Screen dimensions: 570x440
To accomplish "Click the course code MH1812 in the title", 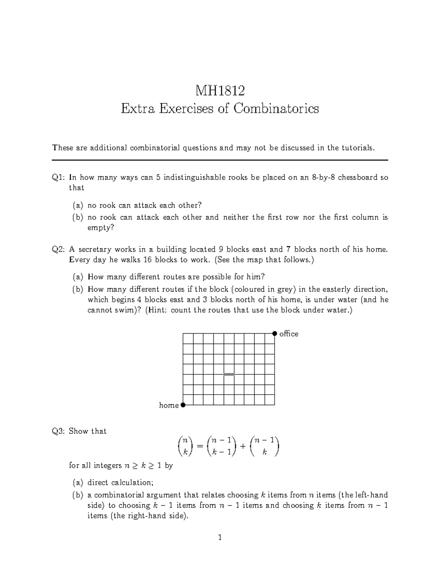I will point(220,90).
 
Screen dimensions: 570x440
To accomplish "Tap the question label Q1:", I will point(58,178).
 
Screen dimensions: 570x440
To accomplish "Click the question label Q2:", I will point(58,250).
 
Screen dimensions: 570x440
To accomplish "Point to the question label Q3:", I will point(58,431).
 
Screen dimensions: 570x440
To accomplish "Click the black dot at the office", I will point(275,333).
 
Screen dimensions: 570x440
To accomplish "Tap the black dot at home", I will point(183,405).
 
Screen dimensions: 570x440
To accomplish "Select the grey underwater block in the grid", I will point(229,374).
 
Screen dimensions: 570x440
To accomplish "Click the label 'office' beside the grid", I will point(289,334).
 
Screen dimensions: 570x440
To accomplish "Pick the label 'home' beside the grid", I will point(169,405).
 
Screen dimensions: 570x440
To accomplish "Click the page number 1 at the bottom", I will point(220,538).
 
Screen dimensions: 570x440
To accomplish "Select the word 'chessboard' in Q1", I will point(357,178).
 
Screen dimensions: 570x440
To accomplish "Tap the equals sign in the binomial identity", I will point(199,446).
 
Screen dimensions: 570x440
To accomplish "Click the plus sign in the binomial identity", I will point(243,446).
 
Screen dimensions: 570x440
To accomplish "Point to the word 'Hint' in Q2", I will point(157,310).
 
